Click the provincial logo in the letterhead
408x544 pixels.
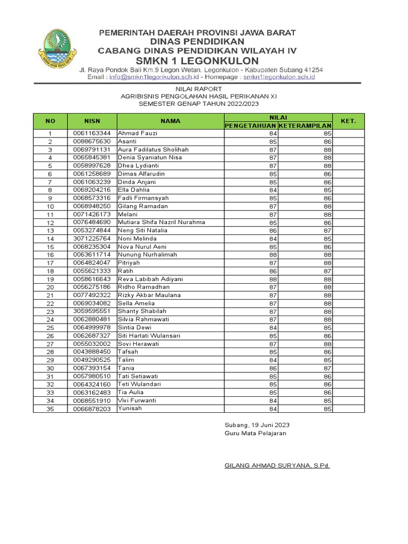pos(57,51)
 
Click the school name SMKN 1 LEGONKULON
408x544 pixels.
pos(197,61)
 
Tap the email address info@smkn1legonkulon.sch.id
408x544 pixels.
pos(151,77)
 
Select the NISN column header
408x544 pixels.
pos(92,121)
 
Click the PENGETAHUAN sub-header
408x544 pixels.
pos(251,125)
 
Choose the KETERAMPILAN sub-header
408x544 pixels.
pos(305,125)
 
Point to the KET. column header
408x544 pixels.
pos(348,121)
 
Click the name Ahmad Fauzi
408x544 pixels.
pos(134,133)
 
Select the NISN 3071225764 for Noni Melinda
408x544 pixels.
pos(92,239)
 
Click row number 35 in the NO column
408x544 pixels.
pos(50,409)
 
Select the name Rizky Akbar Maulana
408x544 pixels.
pos(149,295)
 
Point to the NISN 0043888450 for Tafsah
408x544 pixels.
pos(92,352)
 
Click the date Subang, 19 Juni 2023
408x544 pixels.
pos(257,425)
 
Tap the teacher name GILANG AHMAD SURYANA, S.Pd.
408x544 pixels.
pos(277,465)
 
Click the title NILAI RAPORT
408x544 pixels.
pos(197,88)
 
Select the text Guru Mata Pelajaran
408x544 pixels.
pos(256,433)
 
